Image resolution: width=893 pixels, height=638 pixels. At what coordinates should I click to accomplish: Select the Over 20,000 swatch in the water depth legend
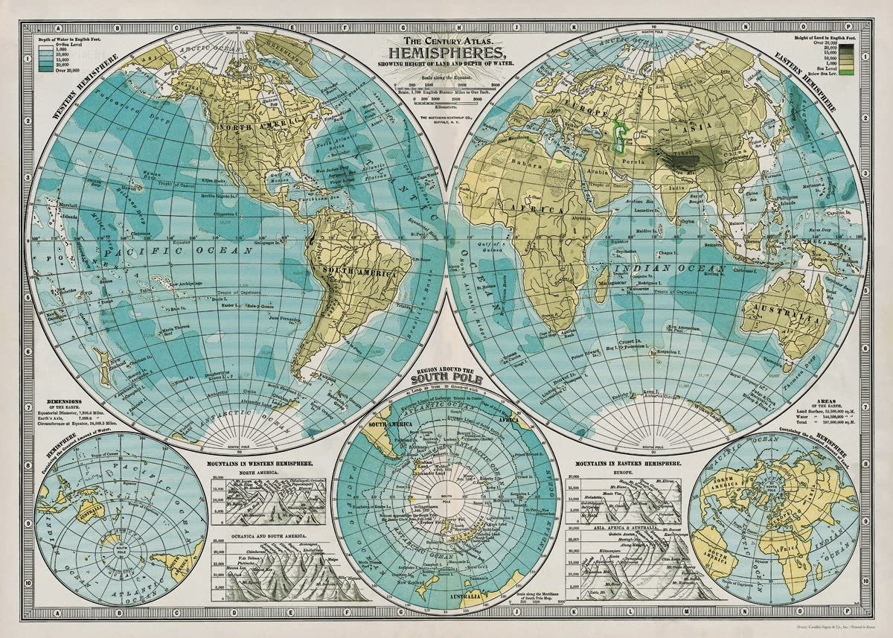[x=44, y=68]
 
